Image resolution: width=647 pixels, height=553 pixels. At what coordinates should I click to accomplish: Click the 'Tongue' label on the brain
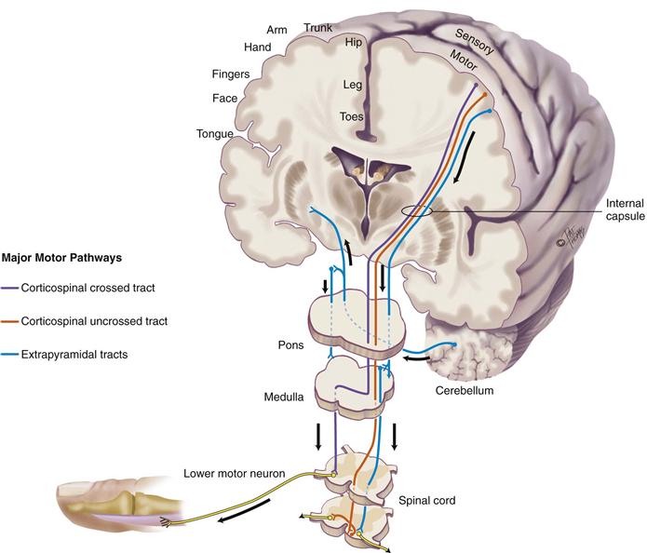click(214, 134)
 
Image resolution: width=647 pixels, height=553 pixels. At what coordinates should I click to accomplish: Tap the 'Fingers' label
click(231, 74)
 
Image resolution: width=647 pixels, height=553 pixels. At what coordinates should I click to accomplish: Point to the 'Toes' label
click(351, 117)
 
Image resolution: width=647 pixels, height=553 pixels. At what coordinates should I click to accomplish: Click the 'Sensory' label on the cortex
click(473, 38)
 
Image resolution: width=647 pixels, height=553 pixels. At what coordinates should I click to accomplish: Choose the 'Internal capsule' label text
click(613, 210)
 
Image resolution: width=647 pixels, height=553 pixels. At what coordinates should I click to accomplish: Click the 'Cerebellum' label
click(465, 391)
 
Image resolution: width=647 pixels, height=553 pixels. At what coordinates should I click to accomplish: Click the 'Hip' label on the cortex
click(353, 42)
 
